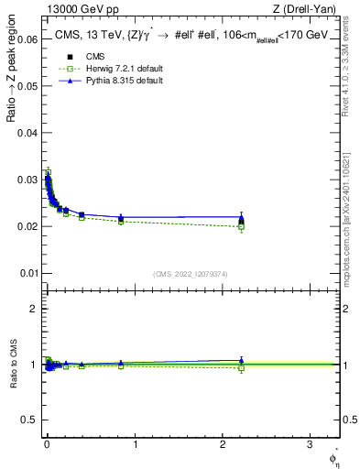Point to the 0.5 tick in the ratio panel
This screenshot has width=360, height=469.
tap(28, 420)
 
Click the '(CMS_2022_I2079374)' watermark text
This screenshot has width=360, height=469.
tap(191, 273)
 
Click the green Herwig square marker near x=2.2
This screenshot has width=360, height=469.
tap(241, 226)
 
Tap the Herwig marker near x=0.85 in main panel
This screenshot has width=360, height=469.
tap(121, 222)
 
